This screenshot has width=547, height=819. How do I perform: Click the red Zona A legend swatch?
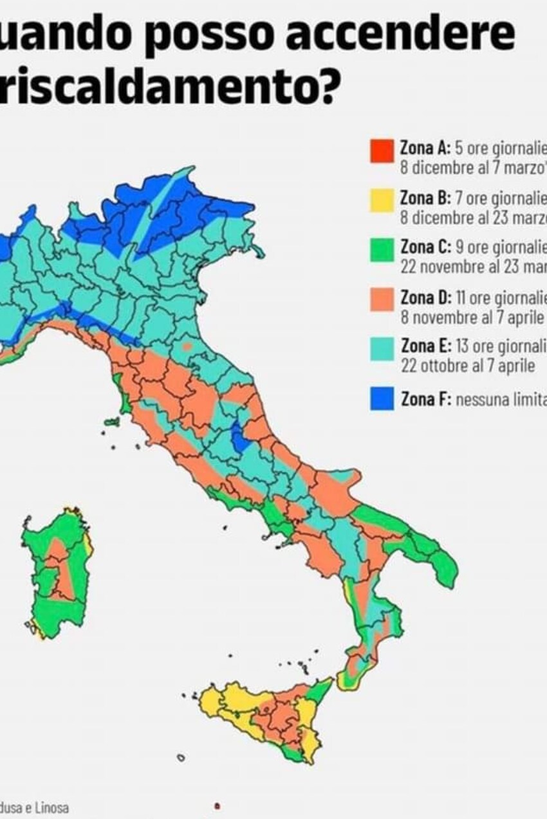(x=382, y=152)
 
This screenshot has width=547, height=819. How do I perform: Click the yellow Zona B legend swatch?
(x=382, y=201)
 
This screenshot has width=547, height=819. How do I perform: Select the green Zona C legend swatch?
(x=382, y=250)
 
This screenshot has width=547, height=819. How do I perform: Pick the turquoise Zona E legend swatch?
(x=382, y=349)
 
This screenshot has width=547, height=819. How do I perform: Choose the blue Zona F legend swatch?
(x=382, y=399)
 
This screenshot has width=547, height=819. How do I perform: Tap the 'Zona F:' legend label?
(x=426, y=400)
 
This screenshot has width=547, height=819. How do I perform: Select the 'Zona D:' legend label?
(x=426, y=298)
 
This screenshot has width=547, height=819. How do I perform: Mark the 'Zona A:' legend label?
(x=425, y=148)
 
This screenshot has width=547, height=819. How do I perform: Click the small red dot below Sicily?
(x=217, y=805)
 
